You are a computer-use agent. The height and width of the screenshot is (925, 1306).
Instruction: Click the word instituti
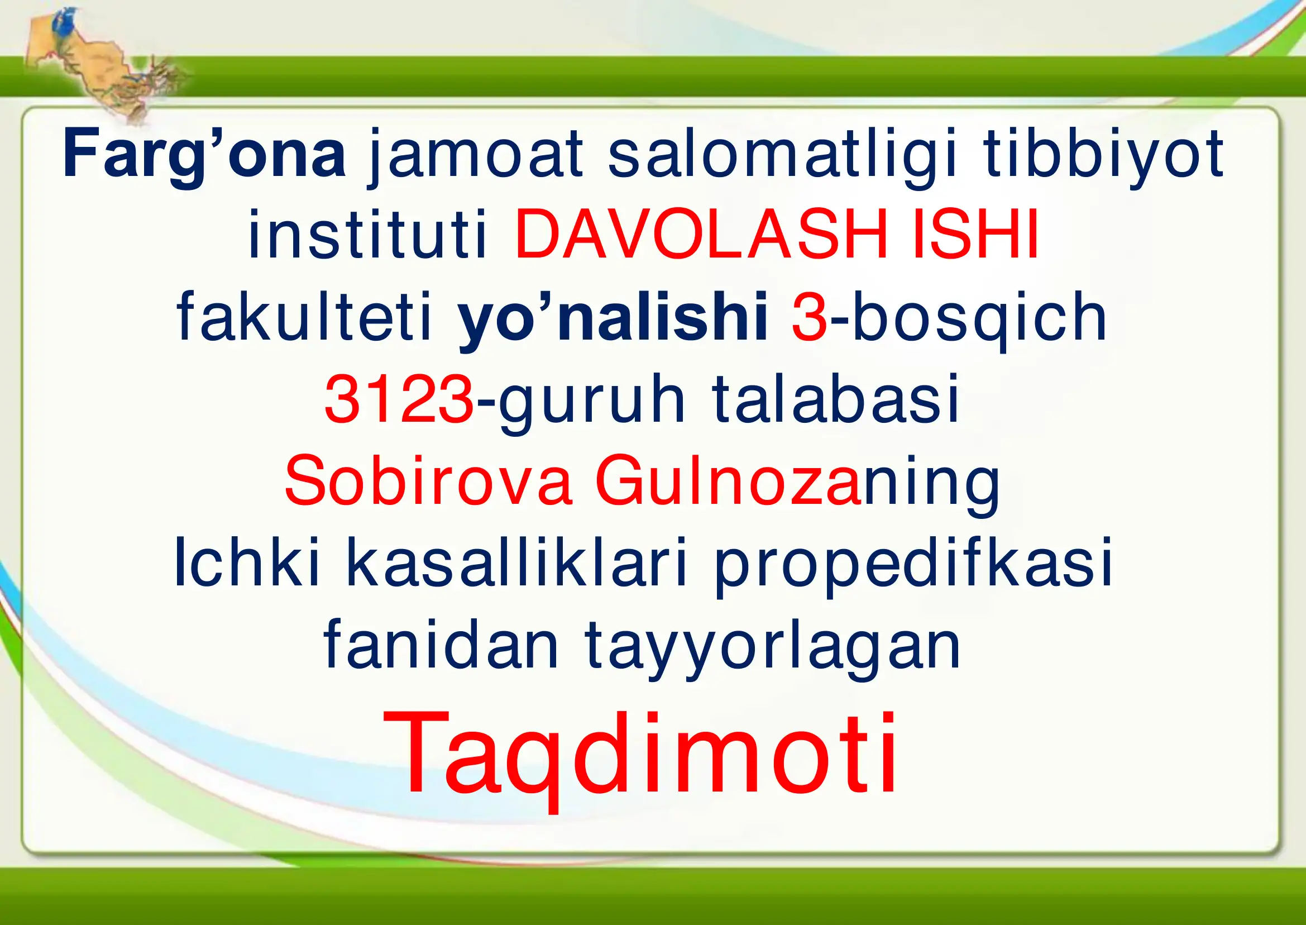click(367, 235)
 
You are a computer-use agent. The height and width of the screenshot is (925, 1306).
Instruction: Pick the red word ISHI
click(976, 235)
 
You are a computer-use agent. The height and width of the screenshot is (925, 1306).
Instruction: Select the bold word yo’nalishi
click(613, 317)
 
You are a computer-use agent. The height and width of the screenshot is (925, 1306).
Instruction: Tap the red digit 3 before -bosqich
click(809, 317)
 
